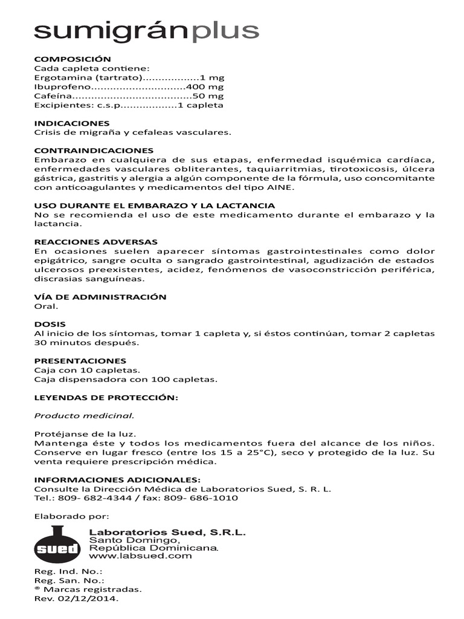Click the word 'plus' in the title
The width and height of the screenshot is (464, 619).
point(225,31)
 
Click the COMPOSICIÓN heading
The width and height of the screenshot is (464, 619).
point(72,59)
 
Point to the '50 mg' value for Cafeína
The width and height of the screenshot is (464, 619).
point(208,96)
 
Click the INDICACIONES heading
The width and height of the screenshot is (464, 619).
point(72,123)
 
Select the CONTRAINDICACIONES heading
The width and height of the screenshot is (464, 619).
point(94,150)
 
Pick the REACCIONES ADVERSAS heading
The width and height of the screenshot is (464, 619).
point(95,242)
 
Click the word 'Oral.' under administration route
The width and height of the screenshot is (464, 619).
point(46,306)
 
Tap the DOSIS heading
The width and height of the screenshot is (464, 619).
point(50,324)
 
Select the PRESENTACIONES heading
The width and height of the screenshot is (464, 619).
point(80,360)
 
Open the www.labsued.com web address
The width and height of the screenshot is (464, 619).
point(140,556)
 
